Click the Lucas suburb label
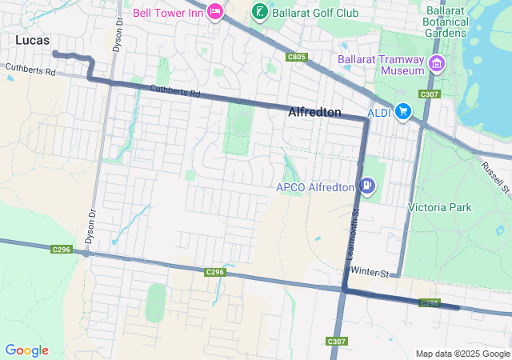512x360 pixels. (x=32, y=39)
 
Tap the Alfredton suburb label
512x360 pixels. (x=314, y=113)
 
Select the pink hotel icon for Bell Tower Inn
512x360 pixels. (x=214, y=12)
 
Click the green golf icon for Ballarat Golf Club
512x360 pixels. (x=259, y=11)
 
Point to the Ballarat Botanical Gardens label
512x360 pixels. (x=446, y=21)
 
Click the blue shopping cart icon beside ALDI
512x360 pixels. (x=402, y=113)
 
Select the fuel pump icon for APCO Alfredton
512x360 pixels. (x=366, y=186)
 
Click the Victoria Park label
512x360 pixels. (x=439, y=208)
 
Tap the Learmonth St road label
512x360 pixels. (x=353, y=234)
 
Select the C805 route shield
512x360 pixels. (x=296, y=57)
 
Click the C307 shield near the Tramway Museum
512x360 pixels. (x=430, y=94)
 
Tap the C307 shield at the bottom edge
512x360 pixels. (x=337, y=342)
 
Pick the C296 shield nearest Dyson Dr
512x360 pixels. (x=62, y=250)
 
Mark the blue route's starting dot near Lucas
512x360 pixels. (x=54, y=54)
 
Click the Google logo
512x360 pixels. (x=26, y=350)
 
